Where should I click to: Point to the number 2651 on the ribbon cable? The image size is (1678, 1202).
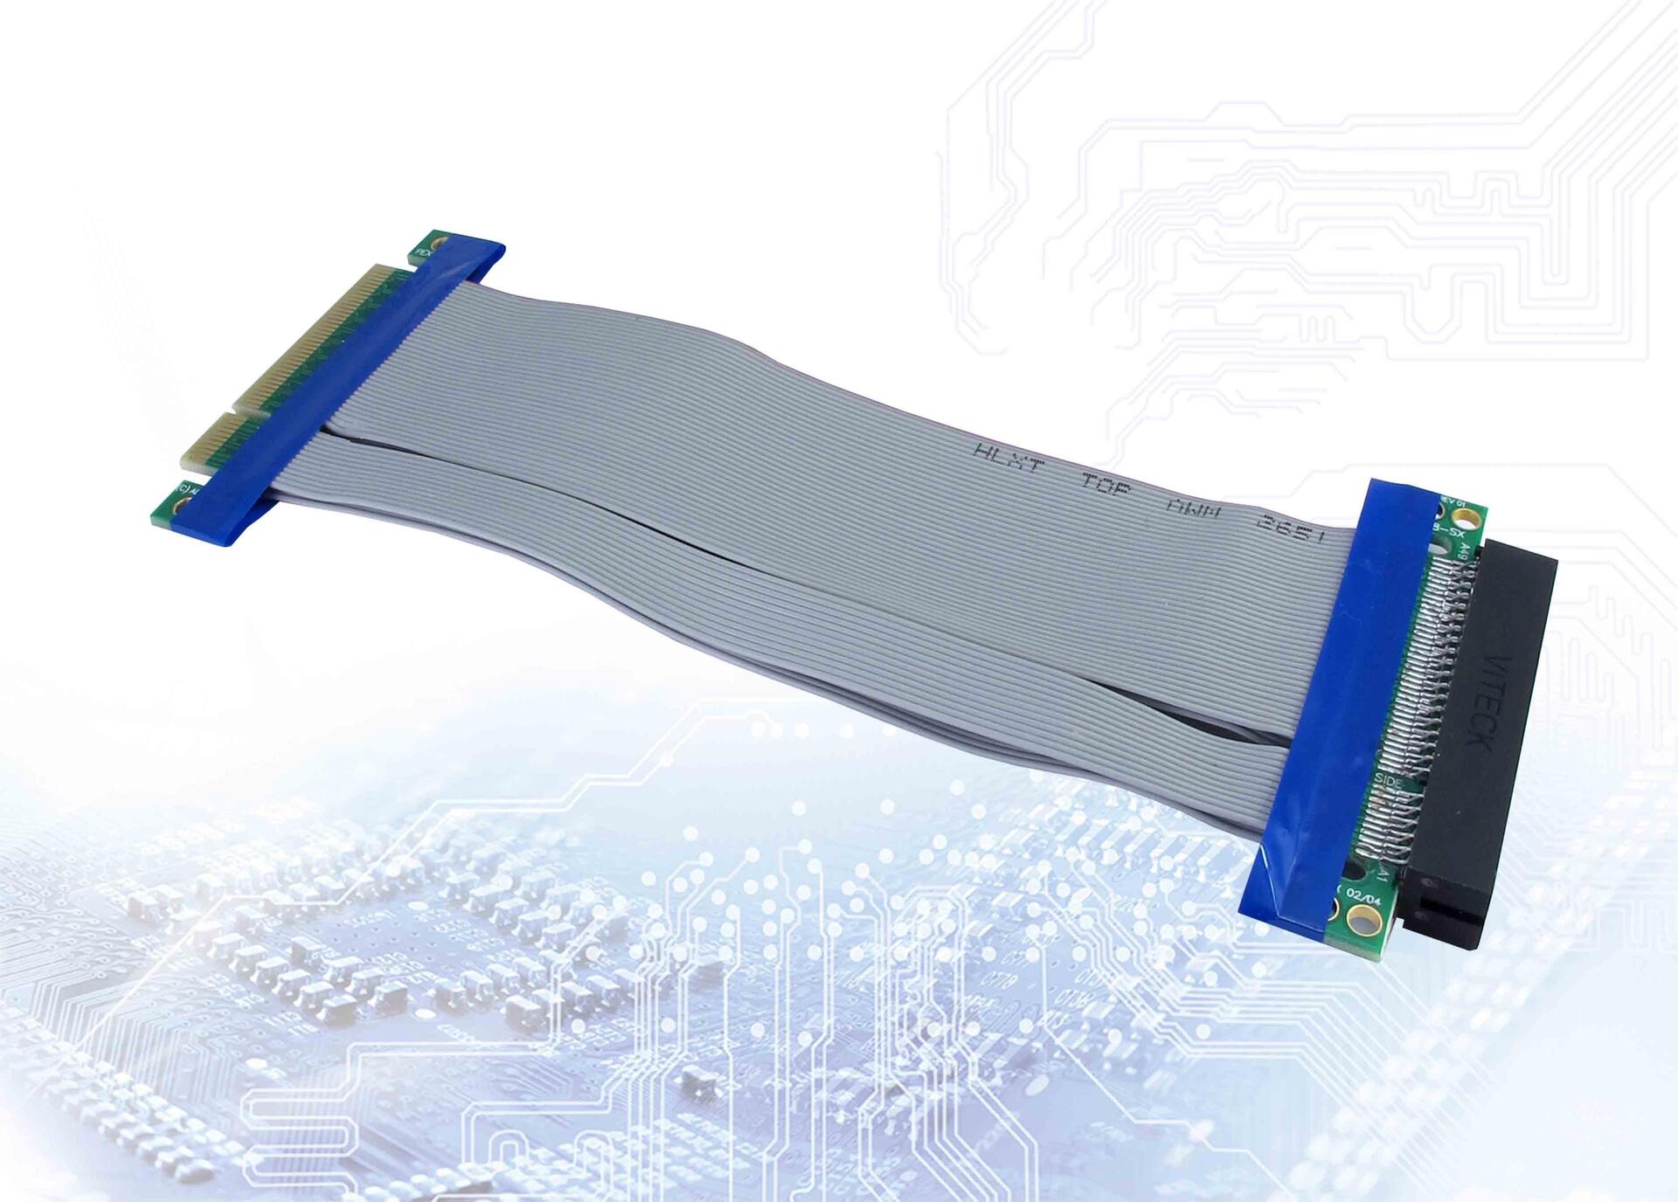click(1290, 528)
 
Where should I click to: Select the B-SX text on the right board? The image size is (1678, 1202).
click(1450, 530)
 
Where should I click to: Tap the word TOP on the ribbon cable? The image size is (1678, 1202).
click(1106, 483)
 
